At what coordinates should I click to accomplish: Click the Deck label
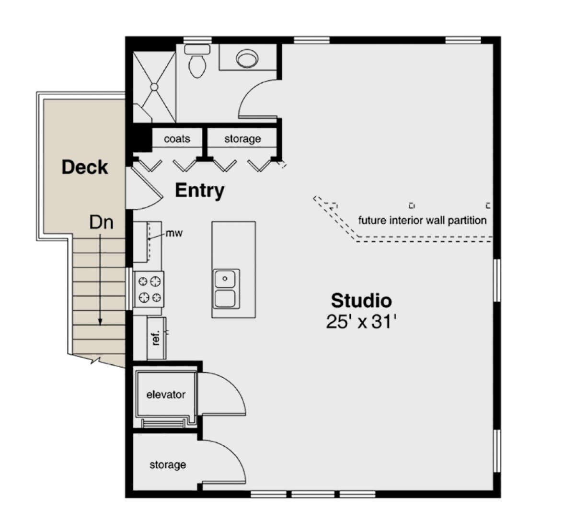point(85,167)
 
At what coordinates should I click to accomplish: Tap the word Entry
point(199,190)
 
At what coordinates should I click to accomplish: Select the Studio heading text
point(361,301)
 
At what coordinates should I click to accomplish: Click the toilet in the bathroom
point(196,64)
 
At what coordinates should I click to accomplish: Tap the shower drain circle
point(154,87)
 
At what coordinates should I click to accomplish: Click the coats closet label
point(177,139)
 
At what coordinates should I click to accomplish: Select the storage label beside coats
point(242,139)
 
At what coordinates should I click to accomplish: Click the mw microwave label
point(174,234)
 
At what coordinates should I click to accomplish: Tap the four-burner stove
point(149,290)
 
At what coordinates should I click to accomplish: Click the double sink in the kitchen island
point(225,289)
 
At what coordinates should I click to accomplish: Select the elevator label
point(166,395)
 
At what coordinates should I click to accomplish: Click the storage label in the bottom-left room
point(168,465)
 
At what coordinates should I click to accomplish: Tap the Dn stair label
point(101,222)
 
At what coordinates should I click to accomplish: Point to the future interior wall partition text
point(422,221)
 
